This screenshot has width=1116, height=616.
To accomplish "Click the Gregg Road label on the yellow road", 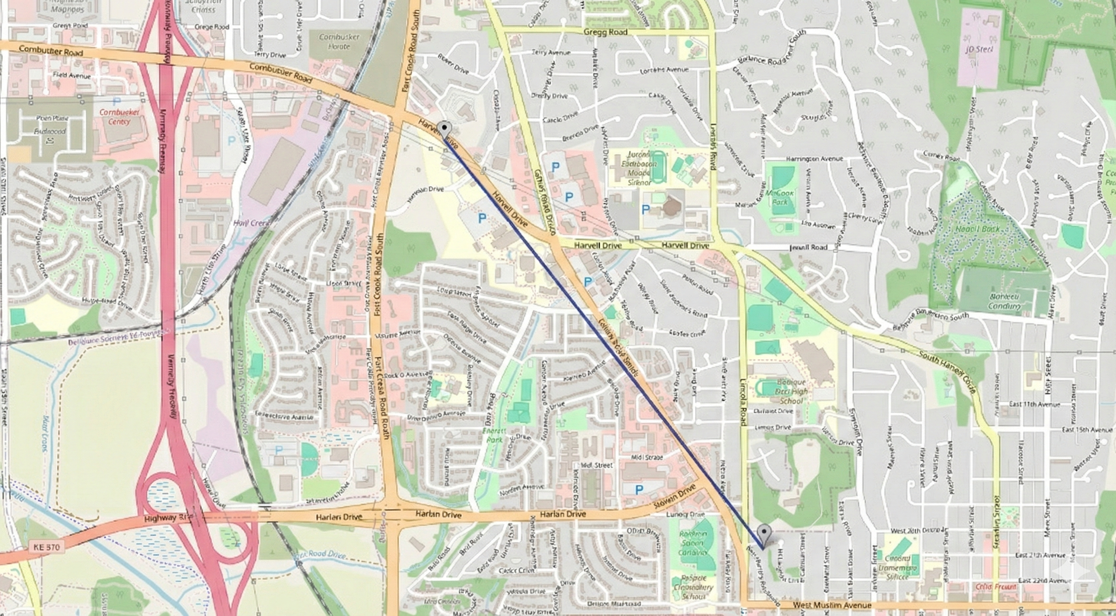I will point(605,32).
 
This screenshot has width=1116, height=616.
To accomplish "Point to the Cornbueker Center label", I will point(119,117).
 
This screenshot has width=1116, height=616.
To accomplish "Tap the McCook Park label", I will point(779,197).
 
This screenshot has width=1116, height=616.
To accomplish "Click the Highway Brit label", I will point(162,518).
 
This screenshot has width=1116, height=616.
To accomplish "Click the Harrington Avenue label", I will point(815,159).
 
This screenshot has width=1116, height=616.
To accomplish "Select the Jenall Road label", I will point(809,247).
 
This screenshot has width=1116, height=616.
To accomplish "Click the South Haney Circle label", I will point(947,373).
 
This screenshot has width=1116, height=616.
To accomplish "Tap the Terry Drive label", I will point(270,55).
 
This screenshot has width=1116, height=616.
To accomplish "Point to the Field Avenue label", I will point(72,76).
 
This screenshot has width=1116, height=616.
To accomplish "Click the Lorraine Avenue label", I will point(664,69).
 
